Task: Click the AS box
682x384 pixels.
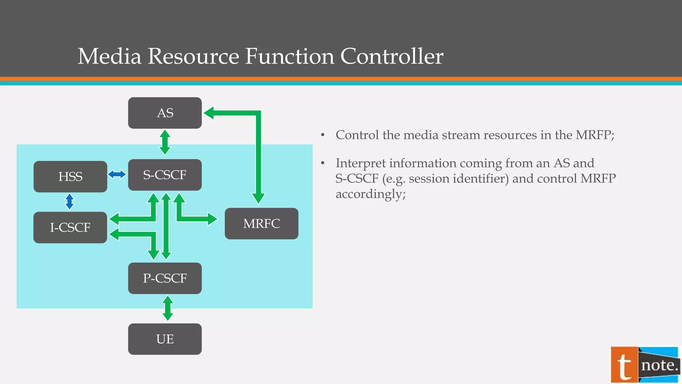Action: pyautogui.click(x=165, y=113)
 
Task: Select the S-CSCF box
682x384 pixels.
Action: pyautogui.click(x=165, y=175)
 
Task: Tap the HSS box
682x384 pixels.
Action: pyautogui.click(x=70, y=177)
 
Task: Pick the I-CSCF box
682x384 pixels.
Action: pyautogui.click(x=70, y=227)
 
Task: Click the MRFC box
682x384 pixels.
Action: pyautogui.click(x=261, y=223)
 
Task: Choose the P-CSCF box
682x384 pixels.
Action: pyautogui.click(x=165, y=278)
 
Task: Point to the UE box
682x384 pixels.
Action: pyautogui.click(x=165, y=339)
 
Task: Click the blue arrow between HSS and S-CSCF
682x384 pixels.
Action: pyautogui.click(x=117, y=174)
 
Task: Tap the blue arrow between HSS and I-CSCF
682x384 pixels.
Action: pyautogui.click(x=69, y=202)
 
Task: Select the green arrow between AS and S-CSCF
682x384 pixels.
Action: pyautogui.click(x=165, y=142)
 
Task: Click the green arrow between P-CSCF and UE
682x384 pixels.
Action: pyautogui.click(x=168, y=308)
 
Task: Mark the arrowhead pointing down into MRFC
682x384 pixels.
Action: pyautogui.click(x=258, y=198)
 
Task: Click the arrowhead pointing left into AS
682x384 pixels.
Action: pyautogui.click(x=209, y=113)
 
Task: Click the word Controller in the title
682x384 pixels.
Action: pyautogui.click(x=392, y=56)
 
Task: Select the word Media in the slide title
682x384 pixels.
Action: pyautogui.click(x=110, y=56)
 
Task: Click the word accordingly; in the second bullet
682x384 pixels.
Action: pyautogui.click(x=371, y=194)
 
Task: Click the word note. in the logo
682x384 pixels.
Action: pyautogui.click(x=659, y=365)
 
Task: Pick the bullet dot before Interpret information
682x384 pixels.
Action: pyautogui.click(x=323, y=163)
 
